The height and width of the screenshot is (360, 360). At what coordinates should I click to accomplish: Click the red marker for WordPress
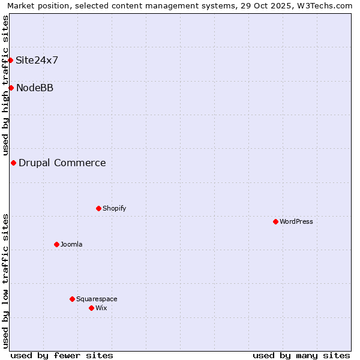(x=275, y=221)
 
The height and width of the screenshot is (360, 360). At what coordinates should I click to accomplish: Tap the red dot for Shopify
(x=98, y=208)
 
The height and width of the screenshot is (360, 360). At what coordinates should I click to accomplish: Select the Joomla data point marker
(x=56, y=244)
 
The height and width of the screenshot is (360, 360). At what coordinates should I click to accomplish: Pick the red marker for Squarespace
(x=72, y=299)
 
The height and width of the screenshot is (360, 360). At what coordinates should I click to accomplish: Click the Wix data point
(x=91, y=308)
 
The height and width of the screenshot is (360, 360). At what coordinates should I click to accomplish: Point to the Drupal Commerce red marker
(x=13, y=163)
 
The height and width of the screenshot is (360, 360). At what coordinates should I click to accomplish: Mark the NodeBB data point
(x=11, y=88)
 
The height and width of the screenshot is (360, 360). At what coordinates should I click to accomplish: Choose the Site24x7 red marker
(x=10, y=60)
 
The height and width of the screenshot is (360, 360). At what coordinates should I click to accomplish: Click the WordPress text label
(x=296, y=221)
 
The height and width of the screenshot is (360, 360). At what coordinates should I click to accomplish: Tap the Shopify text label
(x=114, y=208)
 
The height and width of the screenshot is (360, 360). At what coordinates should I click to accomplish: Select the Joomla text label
(x=71, y=244)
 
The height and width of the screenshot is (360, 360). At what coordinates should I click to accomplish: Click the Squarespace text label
(x=97, y=299)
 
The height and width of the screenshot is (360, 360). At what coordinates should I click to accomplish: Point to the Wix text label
(x=101, y=308)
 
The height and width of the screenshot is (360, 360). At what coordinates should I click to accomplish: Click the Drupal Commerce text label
(x=62, y=163)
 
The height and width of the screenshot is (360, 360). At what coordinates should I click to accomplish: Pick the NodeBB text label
(x=35, y=88)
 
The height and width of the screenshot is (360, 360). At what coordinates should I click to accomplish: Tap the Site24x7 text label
(x=37, y=60)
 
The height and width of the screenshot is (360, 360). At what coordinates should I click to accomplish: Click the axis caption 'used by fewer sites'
(x=62, y=355)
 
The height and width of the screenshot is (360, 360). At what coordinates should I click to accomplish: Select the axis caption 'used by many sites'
(x=301, y=355)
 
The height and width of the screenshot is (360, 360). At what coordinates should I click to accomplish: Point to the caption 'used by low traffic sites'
(x=6, y=281)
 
